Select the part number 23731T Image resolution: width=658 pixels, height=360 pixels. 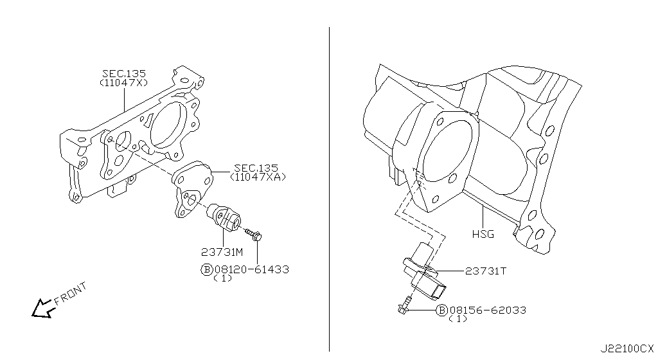point(486,271)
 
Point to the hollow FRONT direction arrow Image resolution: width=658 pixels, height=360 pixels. point(42,309)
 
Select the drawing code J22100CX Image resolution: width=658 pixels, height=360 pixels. point(628,348)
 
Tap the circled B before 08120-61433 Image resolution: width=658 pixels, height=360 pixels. point(207,269)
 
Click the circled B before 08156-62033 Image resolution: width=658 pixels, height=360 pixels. point(441,310)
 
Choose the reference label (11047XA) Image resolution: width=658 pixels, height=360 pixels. point(259,177)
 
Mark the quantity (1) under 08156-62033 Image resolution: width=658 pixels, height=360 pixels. point(458,319)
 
